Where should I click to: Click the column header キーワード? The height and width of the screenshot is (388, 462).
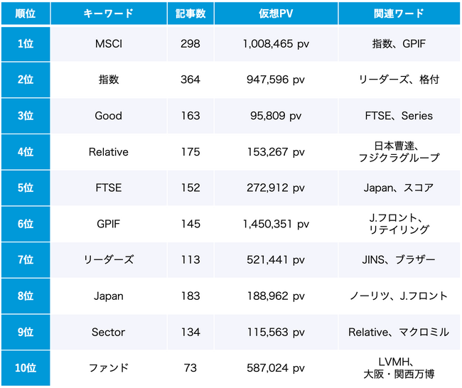(x=109, y=14)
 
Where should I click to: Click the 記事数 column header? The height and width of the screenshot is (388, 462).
(x=190, y=14)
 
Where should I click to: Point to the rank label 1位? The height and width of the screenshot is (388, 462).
(x=25, y=44)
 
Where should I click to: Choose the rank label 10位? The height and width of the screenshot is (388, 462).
(x=25, y=367)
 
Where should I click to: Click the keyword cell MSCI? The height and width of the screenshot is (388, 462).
(x=109, y=44)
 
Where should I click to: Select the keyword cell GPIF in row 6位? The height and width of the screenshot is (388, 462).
(x=109, y=224)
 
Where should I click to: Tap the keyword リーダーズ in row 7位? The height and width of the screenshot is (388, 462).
(x=109, y=259)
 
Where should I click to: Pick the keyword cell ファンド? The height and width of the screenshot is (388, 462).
(x=109, y=367)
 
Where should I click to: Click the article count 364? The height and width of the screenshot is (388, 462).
(x=190, y=80)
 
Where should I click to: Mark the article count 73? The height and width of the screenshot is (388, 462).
(x=190, y=367)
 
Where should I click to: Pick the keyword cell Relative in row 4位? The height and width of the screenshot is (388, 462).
(x=109, y=151)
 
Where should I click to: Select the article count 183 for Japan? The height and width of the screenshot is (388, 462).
(x=190, y=296)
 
